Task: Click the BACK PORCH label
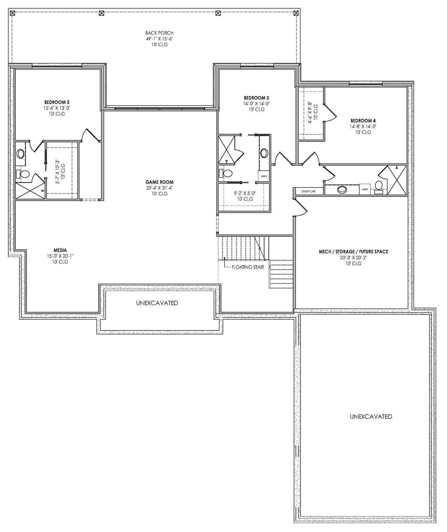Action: tap(159, 33)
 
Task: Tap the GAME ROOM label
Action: tap(159, 182)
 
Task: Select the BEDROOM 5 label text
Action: tap(57, 102)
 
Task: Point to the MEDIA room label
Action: tap(60, 250)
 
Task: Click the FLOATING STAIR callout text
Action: tap(248, 267)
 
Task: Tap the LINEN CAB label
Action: tap(308, 191)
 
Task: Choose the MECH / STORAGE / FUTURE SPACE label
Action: tap(353, 252)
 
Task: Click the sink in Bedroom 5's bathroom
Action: tap(20, 153)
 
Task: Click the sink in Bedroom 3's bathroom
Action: tap(264, 153)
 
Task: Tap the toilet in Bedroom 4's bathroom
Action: tap(379, 186)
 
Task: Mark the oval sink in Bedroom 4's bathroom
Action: tap(342, 190)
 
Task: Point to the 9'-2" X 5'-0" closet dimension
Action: tap(245, 193)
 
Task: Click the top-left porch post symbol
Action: tap(12, 13)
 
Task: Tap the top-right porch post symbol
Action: tap(296, 13)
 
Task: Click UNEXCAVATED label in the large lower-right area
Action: tap(371, 417)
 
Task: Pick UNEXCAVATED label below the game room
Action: tap(157, 303)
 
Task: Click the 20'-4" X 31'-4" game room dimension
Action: tap(159, 188)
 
